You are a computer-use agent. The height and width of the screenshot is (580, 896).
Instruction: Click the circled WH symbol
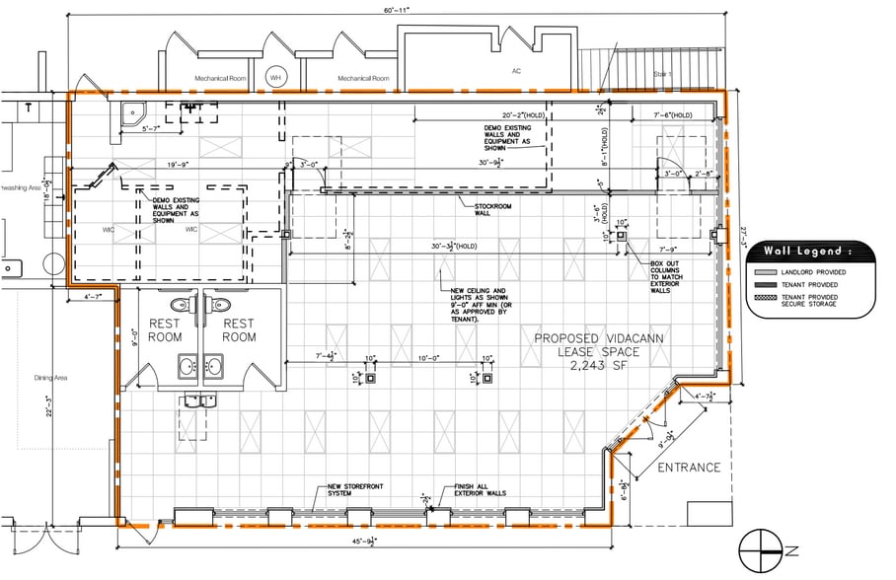point(275,77)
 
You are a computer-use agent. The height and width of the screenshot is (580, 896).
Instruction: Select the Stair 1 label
point(663,74)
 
